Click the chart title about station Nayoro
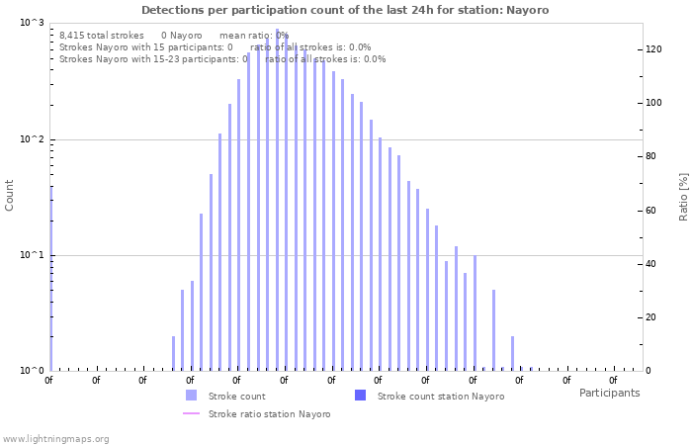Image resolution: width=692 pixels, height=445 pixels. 345,10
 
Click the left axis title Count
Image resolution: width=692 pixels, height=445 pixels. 10,195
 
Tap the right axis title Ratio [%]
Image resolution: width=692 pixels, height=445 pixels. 682,195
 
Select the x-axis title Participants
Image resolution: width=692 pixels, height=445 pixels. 609,393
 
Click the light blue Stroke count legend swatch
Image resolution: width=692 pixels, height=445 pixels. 191,396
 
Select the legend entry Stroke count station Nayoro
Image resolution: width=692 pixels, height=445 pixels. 440,396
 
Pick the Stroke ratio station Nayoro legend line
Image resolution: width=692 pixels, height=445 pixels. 191,413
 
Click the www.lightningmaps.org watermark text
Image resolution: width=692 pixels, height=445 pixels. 56,438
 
